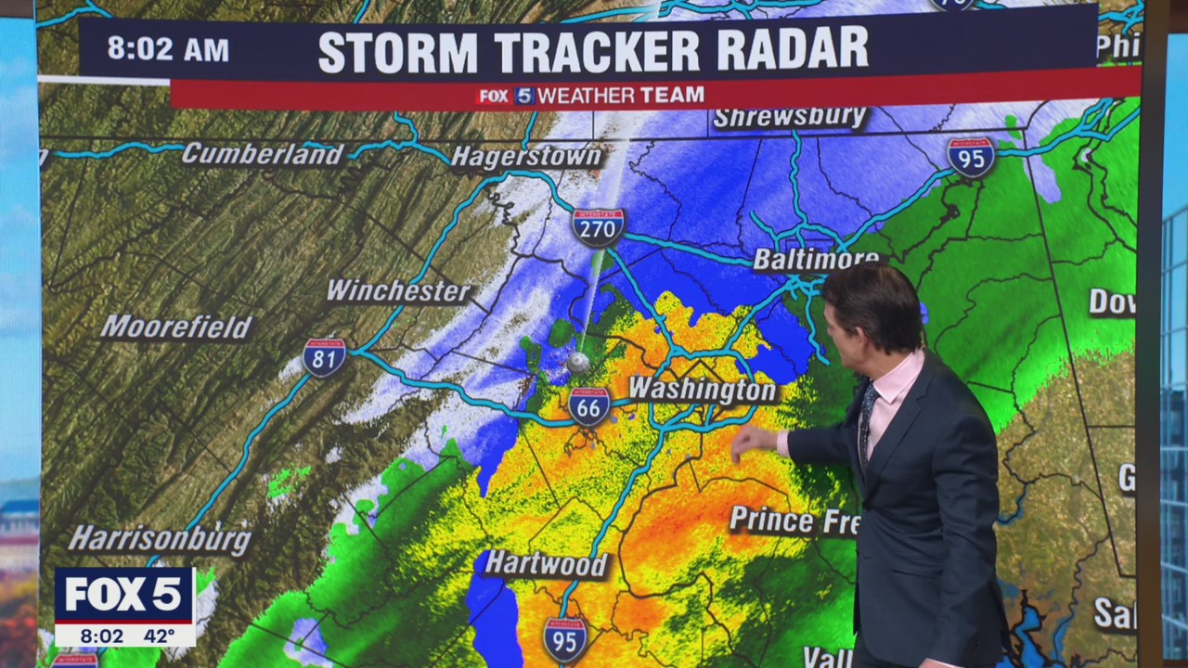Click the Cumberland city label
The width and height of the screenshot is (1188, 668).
263,154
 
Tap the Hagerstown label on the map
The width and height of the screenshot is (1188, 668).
526,157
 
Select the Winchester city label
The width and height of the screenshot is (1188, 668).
398,291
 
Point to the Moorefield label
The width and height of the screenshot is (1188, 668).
176,327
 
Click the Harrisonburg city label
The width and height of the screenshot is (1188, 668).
160,538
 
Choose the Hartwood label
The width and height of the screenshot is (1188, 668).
546,563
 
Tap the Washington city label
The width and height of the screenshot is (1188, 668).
703,390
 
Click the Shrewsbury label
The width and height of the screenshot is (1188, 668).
790,118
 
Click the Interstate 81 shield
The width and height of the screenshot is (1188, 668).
324,357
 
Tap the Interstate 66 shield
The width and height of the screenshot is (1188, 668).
589,406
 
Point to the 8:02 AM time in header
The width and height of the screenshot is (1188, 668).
167,49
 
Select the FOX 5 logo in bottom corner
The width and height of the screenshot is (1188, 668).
124,595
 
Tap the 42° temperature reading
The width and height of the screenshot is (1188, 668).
159,636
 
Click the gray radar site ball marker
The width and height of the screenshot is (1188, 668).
578,363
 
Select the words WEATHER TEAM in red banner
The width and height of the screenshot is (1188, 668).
621,96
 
